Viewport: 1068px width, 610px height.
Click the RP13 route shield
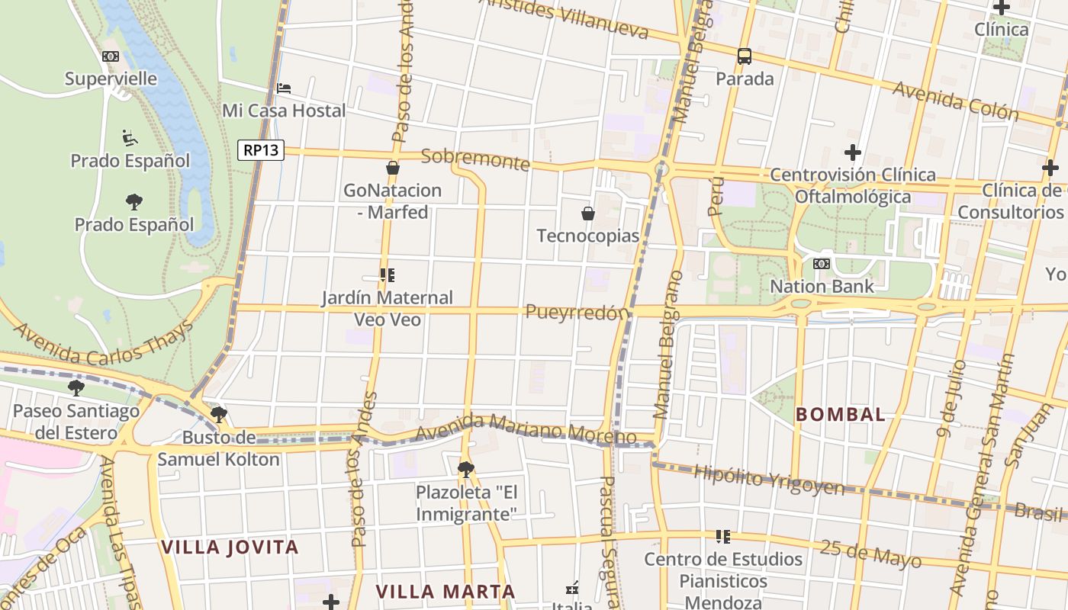point(261,150)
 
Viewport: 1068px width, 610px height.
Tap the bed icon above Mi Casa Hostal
point(284,88)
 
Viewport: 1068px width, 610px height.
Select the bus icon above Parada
point(744,56)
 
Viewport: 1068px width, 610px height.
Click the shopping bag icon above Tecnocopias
point(588,213)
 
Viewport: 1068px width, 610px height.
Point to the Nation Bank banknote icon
point(822,264)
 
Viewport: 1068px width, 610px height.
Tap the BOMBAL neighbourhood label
point(841,415)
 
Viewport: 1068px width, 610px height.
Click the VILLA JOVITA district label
point(230,547)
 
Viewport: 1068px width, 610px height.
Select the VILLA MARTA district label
point(446,591)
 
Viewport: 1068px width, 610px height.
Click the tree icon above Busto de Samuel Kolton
point(219,415)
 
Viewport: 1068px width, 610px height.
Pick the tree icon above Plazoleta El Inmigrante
point(466,469)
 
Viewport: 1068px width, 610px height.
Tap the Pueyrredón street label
point(577,312)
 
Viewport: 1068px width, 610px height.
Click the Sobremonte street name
point(475,159)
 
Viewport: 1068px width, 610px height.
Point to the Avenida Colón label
point(955,101)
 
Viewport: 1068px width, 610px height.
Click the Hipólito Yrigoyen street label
point(769,480)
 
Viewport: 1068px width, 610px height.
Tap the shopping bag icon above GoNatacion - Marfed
point(393,168)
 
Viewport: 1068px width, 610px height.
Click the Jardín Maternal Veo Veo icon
point(387,275)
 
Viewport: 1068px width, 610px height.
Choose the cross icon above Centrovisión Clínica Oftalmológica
point(852,152)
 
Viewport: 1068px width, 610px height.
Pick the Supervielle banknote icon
point(111,56)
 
